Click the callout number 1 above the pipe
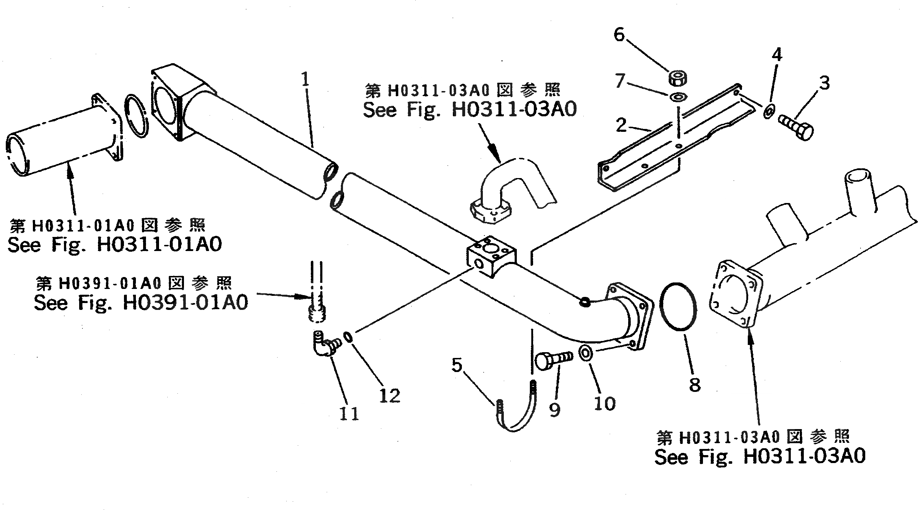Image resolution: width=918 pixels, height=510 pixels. point(305,79)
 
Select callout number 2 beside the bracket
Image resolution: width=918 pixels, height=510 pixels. point(621,125)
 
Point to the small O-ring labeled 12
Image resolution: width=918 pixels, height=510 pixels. point(347,337)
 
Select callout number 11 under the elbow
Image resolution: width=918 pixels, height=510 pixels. point(349,414)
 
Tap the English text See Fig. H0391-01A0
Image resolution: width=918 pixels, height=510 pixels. point(141,302)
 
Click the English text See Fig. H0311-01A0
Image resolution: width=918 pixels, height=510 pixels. point(115,245)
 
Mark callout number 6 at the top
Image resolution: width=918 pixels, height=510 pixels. point(619,35)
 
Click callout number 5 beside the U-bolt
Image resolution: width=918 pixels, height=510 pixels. point(457,366)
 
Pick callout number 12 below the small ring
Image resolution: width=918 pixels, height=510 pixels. point(390,396)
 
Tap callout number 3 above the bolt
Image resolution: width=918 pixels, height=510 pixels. point(824,83)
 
